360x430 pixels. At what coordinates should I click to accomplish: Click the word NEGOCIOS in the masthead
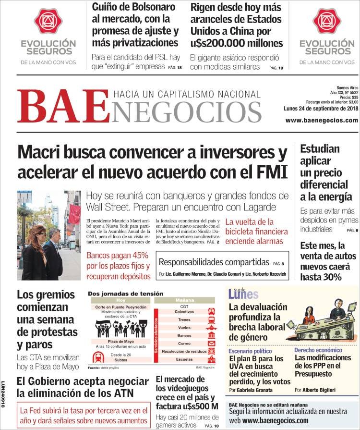[188, 112]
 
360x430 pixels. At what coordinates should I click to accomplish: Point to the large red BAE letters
[62, 106]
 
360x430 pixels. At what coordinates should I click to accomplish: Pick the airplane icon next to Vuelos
[211, 327]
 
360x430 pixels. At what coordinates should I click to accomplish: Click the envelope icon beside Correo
[211, 344]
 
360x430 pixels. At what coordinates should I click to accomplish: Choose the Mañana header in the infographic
[184, 300]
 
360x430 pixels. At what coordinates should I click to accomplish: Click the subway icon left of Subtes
[99, 357]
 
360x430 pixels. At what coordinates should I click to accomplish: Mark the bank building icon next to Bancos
[211, 335]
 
